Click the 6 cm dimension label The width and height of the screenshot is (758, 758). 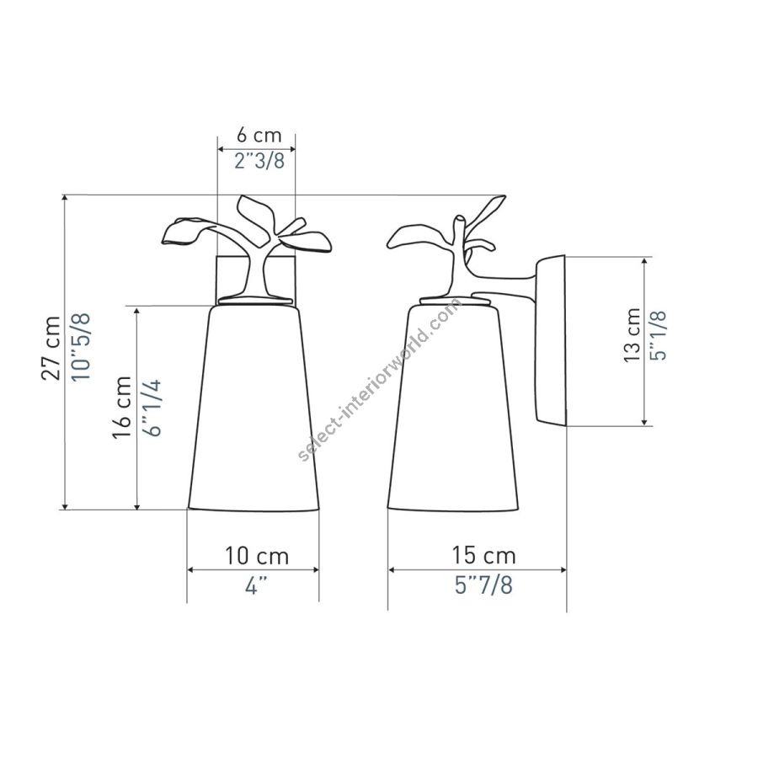click(x=259, y=135)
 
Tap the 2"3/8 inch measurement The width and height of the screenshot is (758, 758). click(x=259, y=161)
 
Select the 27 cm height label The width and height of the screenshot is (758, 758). click(x=51, y=348)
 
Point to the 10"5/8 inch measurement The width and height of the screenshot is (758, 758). click(x=81, y=347)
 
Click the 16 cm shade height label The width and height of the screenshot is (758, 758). click(x=122, y=407)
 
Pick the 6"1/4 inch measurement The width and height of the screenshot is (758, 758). click(x=152, y=408)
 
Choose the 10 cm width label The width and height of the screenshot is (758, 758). click(x=257, y=556)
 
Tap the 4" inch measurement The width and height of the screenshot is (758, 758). click(x=256, y=586)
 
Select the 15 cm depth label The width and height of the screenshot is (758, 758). click(x=483, y=556)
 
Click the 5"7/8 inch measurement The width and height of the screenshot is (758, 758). click(x=483, y=585)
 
